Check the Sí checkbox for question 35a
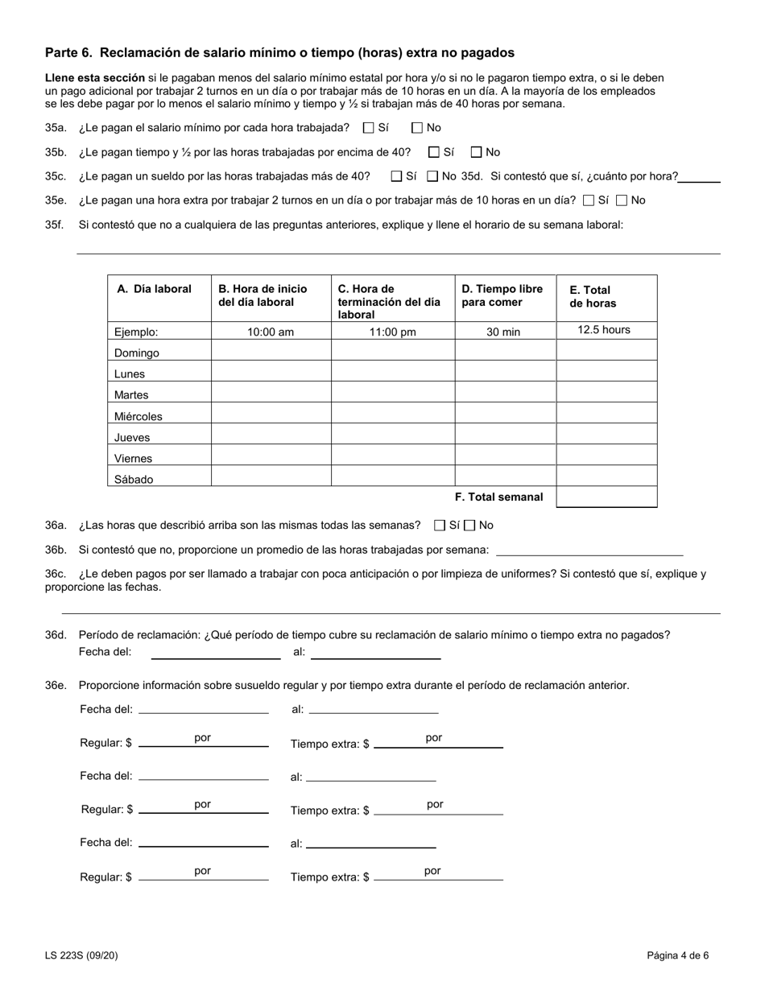(x=369, y=127)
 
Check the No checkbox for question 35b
(x=476, y=151)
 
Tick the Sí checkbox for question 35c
(x=396, y=176)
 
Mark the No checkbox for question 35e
(x=621, y=200)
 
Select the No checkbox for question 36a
(x=470, y=526)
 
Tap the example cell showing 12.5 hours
(x=604, y=330)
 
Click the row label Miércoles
(x=139, y=416)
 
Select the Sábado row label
(x=134, y=479)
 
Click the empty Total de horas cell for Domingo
(x=606, y=351)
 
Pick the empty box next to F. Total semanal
(x=606, y=497)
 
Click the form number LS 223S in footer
(x=83, y=956)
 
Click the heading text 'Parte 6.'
(x=68, y=53)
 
